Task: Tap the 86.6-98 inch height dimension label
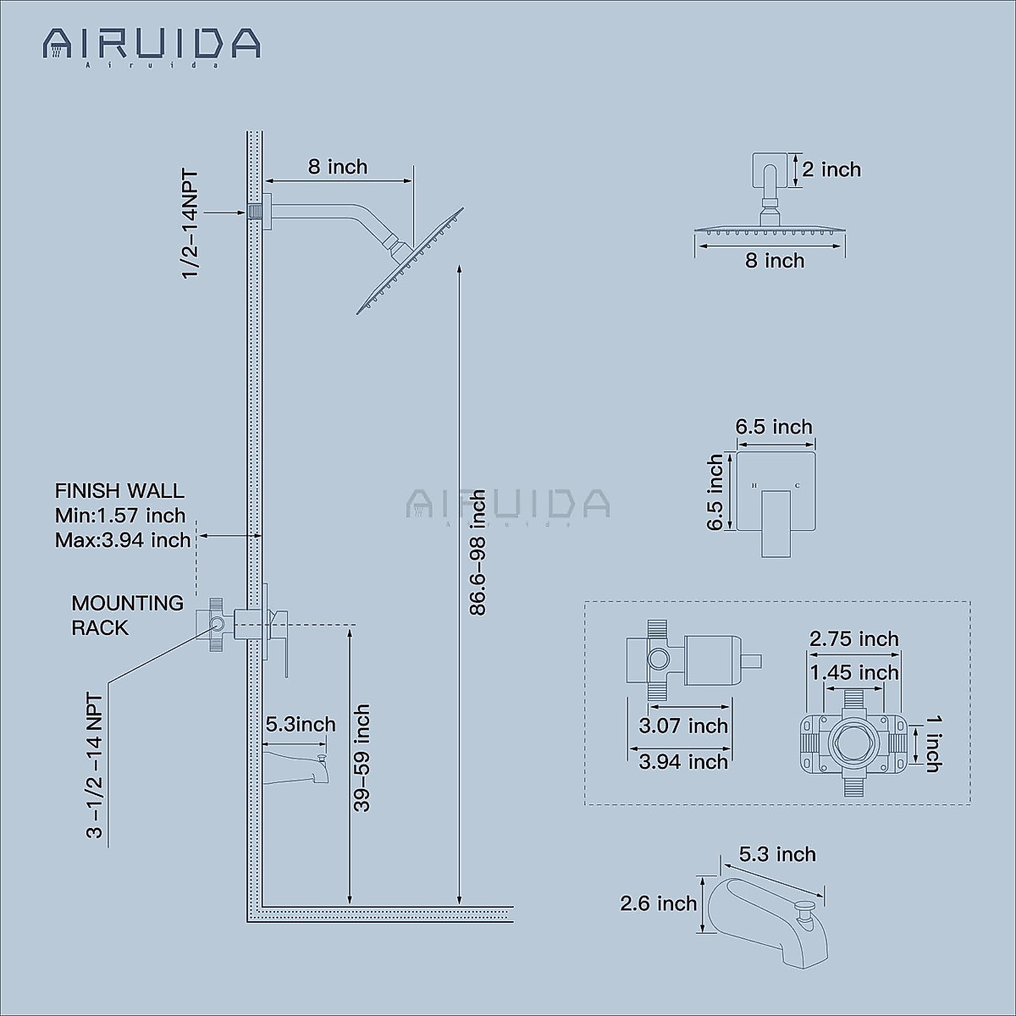(478, 552)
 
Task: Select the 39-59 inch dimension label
(362, 759)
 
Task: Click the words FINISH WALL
(119, 491)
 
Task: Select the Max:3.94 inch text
(123, 540)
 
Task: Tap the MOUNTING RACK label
(127, 616)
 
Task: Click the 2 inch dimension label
(831, 169)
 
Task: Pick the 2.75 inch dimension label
(853, 638)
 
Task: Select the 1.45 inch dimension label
(853, 672)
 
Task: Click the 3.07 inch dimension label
(683, 726)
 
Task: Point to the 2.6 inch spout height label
(659, 904)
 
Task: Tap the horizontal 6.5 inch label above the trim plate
(774, 427)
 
